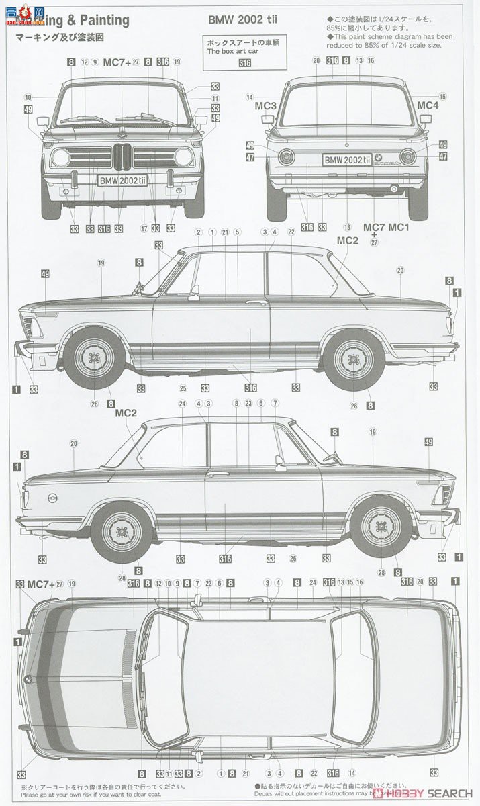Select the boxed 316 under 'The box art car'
pyautogui.click(x=244, y=63)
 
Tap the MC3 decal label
pyautogui.click(x=266, y=106)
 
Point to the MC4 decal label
pyautogui.click(x=428, y=105)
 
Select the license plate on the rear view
pyautogui.click(x=347, y=159)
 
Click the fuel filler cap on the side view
pyautogui.click(x=52, y=497)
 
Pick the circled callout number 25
pyautogui.click(x=183, y=388)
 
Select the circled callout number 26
pyautogui.click(x=293, y=559)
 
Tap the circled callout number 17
pyautogui.click(x=144, y=228)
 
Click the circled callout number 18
pyautogui.click(x=347, y=228)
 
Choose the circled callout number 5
pyautogui.click(x=237, y=232)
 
